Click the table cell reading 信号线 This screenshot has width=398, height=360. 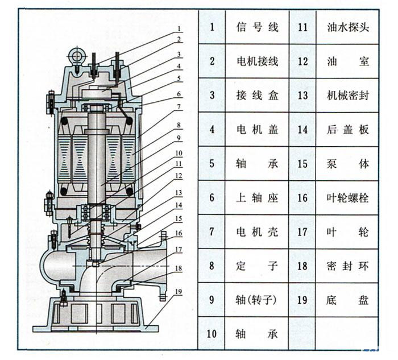click(257, 27)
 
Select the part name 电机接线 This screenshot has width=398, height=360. click(257, 61)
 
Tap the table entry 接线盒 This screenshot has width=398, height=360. click(257, 95)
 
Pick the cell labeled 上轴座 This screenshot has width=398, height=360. click(257, 197)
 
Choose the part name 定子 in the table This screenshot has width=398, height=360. click(257, 266)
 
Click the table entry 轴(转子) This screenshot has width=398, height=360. click(257, 300)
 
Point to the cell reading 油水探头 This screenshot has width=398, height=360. click(348, 27)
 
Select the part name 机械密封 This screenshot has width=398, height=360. click(348, 95)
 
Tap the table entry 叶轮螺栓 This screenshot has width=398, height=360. click(348, 197)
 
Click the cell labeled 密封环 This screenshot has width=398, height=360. click(348, 266)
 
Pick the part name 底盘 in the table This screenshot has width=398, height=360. click(348, 300)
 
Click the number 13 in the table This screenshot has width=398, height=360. click(302, 95)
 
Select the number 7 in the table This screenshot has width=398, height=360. click(212, 231)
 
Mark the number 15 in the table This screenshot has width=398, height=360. click(302, 163)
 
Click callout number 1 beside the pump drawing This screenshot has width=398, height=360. click(179, 28)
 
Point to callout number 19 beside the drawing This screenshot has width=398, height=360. click(179, 292)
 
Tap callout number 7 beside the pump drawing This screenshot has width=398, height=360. click(179, 106)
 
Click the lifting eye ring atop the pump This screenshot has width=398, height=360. click(74, 55)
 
